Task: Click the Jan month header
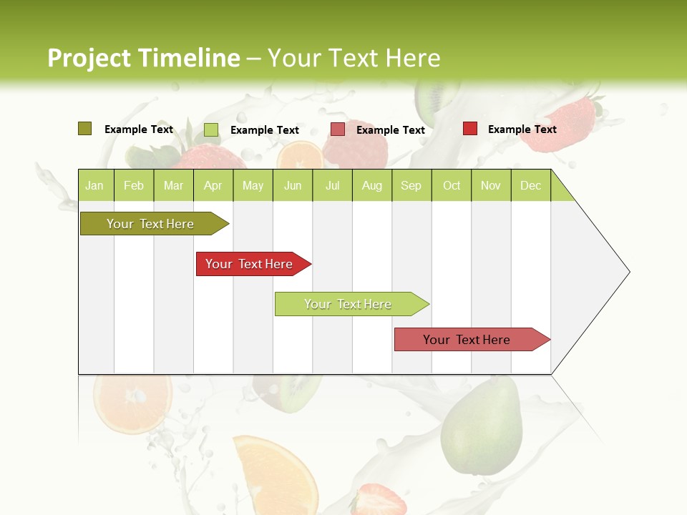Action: (x=95, y=185)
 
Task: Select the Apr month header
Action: (x=213, y=185)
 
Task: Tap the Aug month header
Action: (x=372, y=185)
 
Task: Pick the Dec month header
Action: (x=530, y=185)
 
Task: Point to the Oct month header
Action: (x=452, y=185)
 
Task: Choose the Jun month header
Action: (x=293, y=185)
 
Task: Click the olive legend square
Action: (x=84, y=129)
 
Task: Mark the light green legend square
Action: (x=211, y=129)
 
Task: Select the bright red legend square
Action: (x=470, y=129)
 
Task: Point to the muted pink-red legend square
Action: (x=338, y=129)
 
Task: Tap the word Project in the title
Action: (x=89, y=58)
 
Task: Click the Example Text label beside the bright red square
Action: (x=522, y=129)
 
